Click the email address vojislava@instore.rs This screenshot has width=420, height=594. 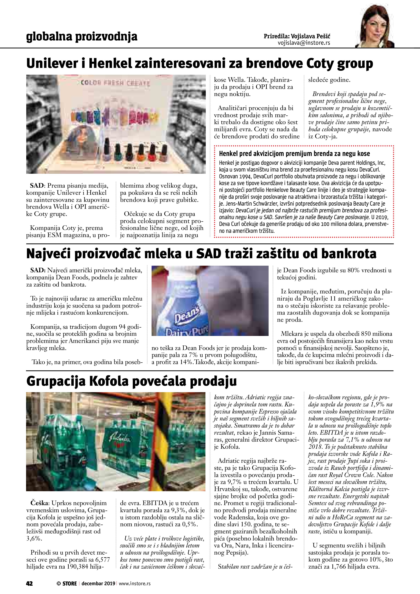[304, 43]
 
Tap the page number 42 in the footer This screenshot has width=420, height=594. [29, 583]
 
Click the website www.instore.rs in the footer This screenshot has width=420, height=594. [135, 583]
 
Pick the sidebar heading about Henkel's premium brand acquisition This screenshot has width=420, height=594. [294, 154]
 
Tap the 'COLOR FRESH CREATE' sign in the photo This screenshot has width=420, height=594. [115, 83]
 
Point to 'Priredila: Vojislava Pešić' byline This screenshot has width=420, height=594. [297, 36]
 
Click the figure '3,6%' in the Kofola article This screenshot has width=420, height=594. [34, 539]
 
